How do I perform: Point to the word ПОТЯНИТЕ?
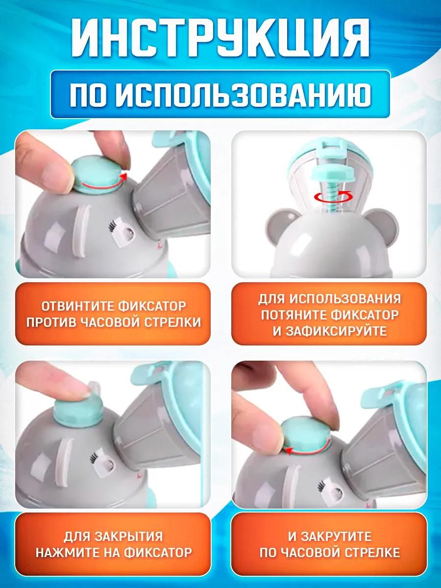pyautogui.click(x=293, y=315)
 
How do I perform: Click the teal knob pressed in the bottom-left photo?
pyautogui.click(x=76, y=411)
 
